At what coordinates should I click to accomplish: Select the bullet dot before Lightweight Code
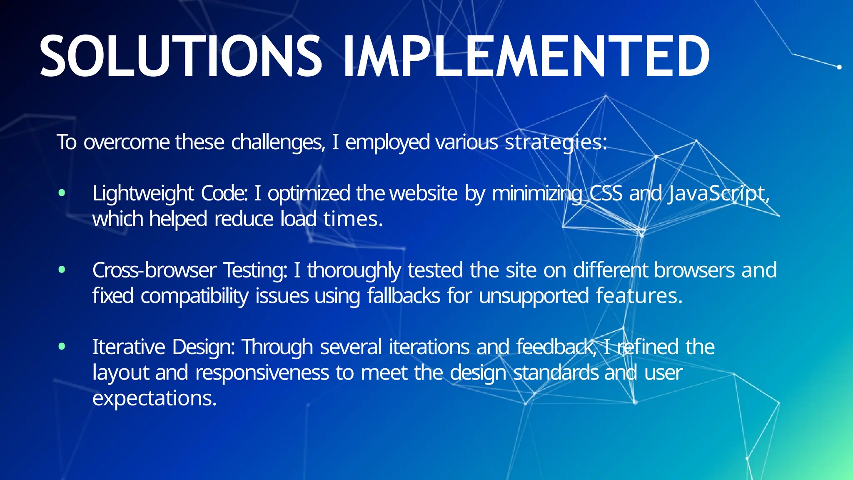(62, 193)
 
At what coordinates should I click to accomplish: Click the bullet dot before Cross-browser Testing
(62, 270)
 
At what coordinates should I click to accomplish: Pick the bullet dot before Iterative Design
(62, 346)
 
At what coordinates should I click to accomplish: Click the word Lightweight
(143, 194)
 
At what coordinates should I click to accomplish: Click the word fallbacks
(403, 296)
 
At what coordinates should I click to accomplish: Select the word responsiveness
(262, 372)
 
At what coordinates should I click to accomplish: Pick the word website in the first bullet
(423, 194)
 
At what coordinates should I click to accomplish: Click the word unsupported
(534, 296)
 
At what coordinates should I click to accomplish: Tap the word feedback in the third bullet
(555, 347)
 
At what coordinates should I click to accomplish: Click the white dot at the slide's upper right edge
(839, 67)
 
